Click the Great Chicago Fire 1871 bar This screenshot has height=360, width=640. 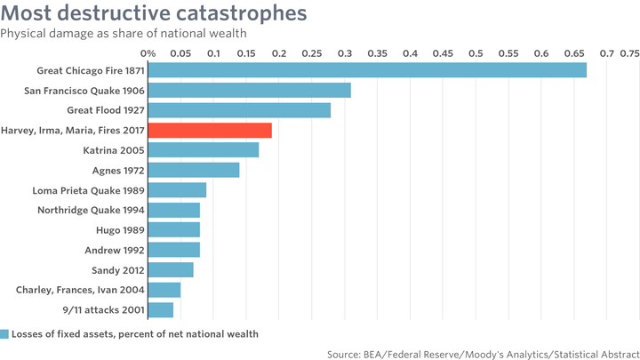367,70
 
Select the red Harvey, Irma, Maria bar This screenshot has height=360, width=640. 210,130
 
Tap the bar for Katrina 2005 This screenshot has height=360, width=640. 204,150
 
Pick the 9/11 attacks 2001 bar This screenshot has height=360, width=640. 160,310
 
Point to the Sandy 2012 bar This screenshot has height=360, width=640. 171,270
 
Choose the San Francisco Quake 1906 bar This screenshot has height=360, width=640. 250,90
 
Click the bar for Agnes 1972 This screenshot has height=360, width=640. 194,170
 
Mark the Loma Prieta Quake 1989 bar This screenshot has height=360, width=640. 177,190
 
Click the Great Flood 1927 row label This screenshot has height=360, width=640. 106,110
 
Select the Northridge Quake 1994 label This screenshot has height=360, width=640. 91,210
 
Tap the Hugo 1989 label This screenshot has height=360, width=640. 120,230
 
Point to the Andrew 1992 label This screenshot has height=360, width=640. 115,250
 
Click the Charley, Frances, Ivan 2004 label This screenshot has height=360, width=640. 80,290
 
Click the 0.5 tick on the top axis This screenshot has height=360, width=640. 476,53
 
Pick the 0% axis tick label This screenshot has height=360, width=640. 148,53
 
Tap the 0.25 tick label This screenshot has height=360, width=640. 312,53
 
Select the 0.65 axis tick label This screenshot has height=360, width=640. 574,53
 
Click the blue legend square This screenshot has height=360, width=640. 4,334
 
